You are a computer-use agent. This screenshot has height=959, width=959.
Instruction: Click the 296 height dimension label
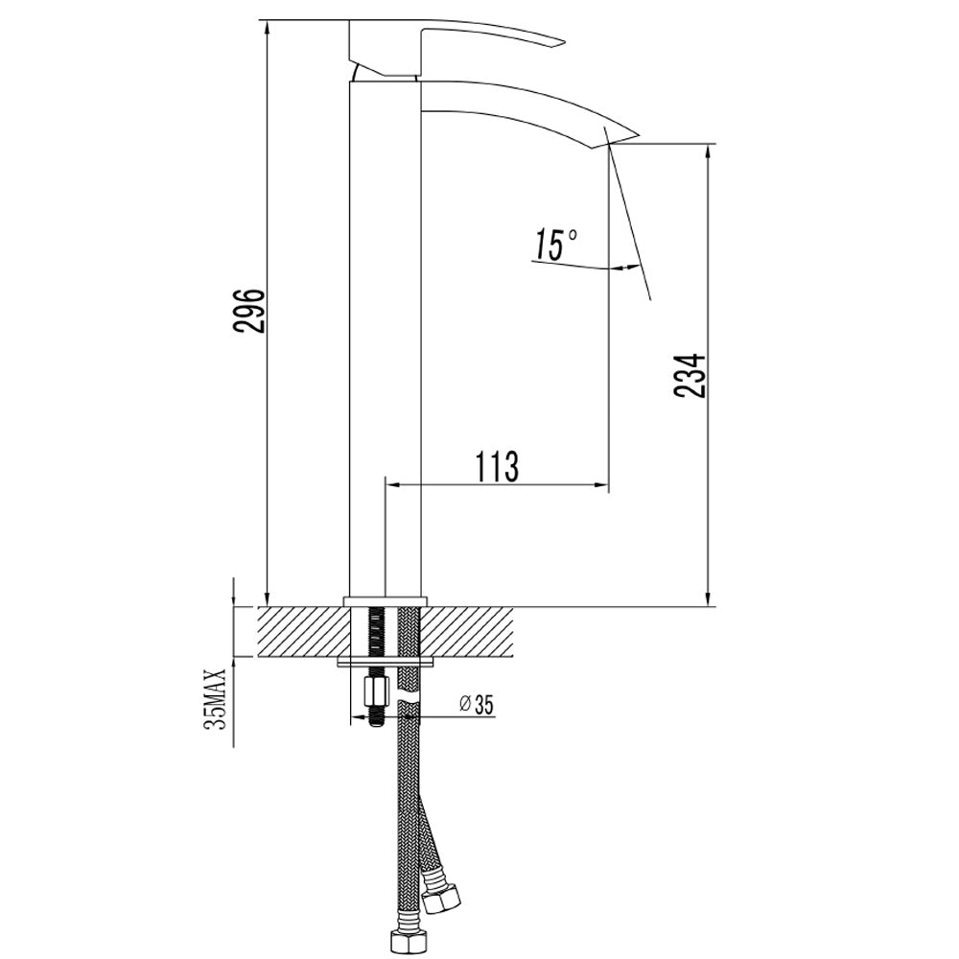pyautogui.click(x=249, y=310)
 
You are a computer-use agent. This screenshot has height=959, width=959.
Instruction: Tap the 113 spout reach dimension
pyautogui.click(x=497, y=467)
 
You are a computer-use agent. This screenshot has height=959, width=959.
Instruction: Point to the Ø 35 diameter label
pyautogui.click(x=477, y=705)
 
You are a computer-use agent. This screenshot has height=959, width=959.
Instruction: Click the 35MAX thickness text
pyautogui.click(x=216, y=698)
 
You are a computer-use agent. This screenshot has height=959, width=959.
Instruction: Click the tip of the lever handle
pyautogui.click(x=565, y=43)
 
